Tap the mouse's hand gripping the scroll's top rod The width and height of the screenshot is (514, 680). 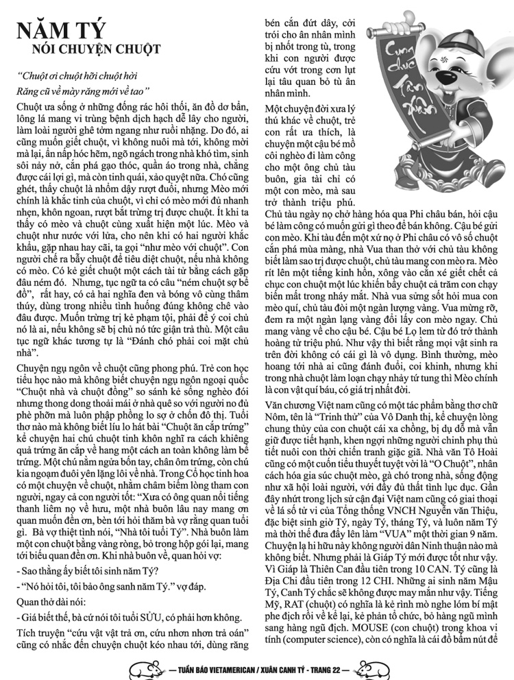pos(405,29)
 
